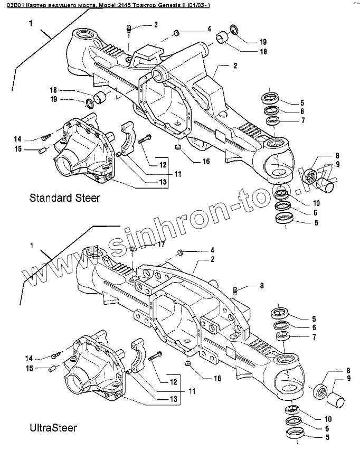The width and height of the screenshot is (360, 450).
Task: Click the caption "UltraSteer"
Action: pos(53,427)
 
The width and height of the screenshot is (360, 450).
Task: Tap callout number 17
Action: pos(161,245)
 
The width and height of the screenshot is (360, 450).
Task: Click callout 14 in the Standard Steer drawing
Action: pos(17,139)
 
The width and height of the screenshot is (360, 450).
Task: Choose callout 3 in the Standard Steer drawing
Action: pos(156,25)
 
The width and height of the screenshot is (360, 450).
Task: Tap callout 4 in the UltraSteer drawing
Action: pos(212,250)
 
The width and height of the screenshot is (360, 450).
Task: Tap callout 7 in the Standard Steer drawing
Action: pos(302,121)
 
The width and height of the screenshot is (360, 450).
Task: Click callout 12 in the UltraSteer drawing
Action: pos(172,381)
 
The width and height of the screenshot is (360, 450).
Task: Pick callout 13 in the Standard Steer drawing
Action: pos(163,182)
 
